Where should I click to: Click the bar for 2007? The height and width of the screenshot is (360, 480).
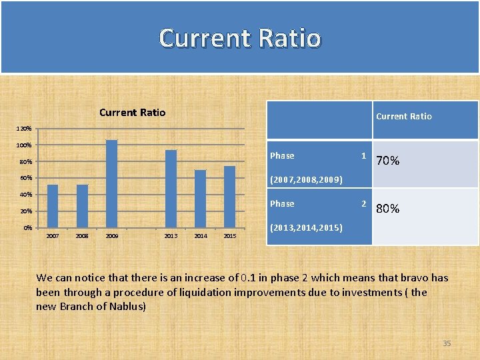click(53, 206)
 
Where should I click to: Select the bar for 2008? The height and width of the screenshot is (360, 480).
click(82, 206)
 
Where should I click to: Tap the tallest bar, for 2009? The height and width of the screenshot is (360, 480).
click(111, 183)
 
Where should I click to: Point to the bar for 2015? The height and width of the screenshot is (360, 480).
click(229, 197)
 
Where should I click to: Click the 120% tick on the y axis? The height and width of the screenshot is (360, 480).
click(24, 128)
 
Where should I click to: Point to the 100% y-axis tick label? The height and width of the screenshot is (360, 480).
click(24, 145)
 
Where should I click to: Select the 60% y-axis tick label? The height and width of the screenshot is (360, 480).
click(25, 178)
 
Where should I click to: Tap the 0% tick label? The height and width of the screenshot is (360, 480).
click(27, 228)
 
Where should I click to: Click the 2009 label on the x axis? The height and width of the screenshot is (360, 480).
click(112, 236)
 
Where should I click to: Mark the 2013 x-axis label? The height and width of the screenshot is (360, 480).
click(171, 236)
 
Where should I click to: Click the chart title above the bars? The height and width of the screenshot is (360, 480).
click(132, 112)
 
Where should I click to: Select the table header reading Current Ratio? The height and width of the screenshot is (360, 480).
click(403, 116)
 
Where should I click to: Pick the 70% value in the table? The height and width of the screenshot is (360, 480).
click(388, 161)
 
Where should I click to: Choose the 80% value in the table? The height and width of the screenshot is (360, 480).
click(388, 209)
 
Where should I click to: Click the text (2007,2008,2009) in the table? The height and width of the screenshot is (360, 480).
click(306, 180)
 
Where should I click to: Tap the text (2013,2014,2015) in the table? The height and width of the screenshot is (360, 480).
click(306, 228)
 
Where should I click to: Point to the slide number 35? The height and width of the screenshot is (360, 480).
click(447, 343)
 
